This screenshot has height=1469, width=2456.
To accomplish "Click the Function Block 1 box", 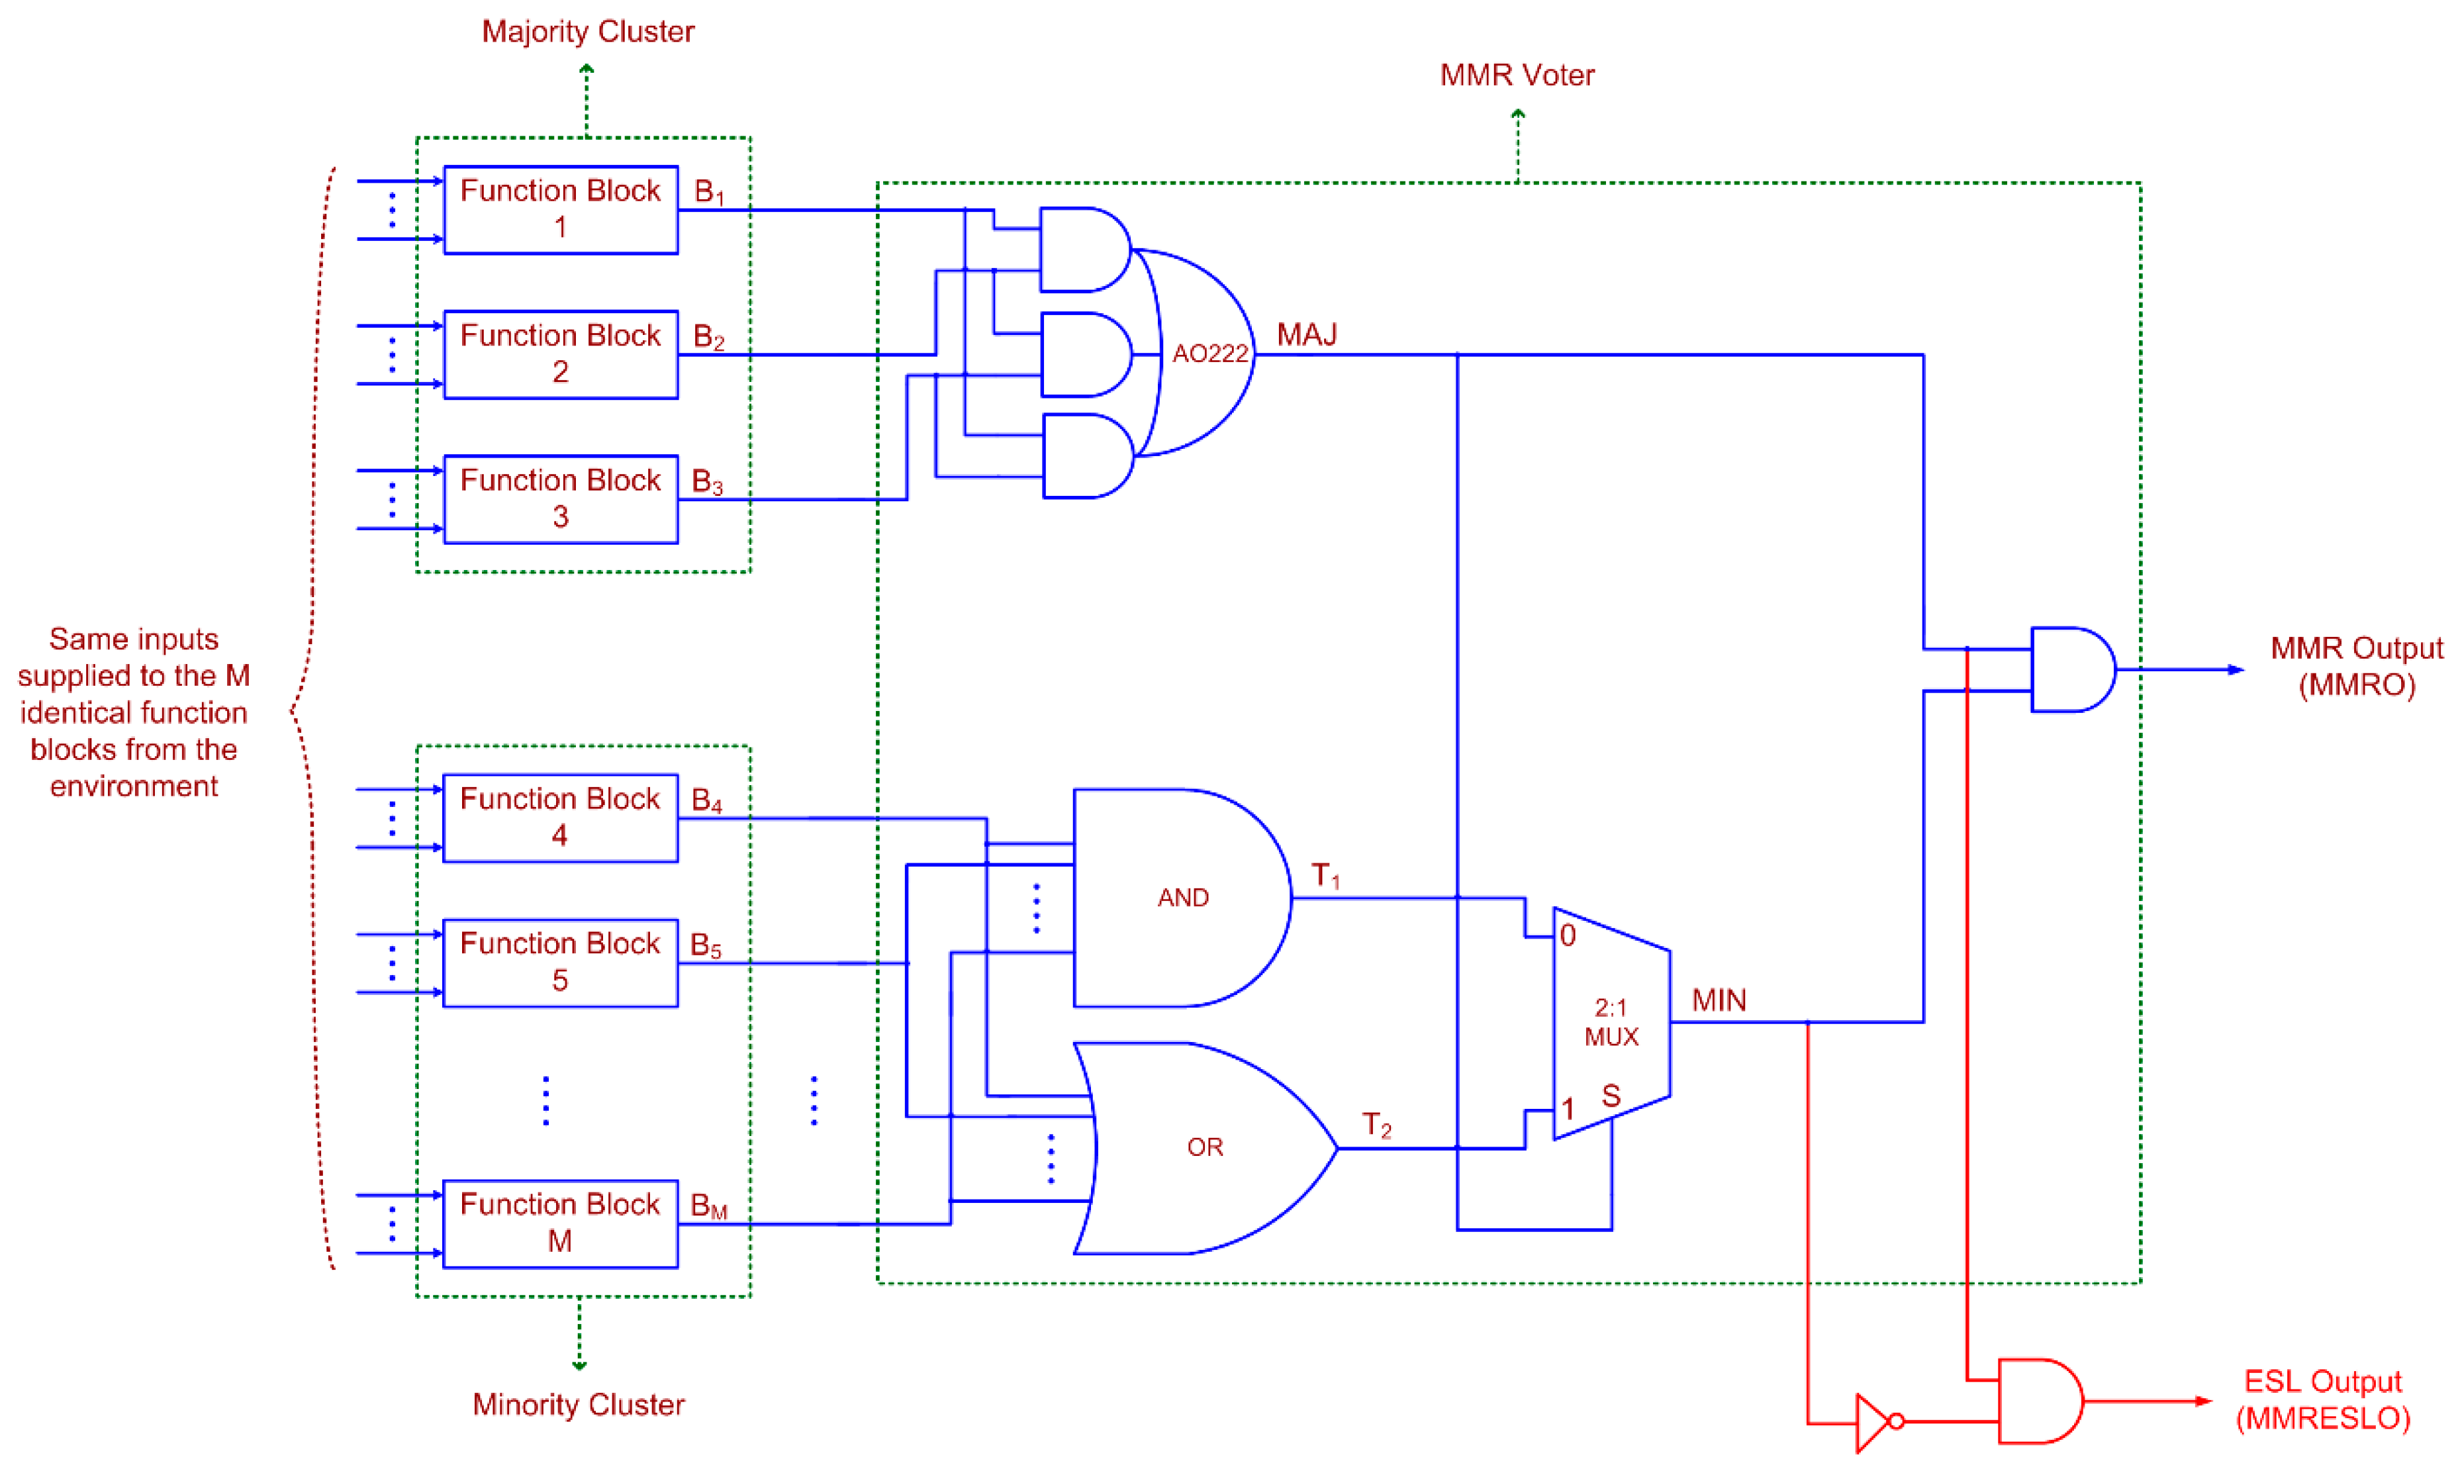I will (x=560, y=210).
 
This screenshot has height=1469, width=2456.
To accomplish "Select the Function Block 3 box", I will (x=560, y=499).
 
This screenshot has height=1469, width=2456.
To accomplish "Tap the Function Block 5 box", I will (x=560, y=962).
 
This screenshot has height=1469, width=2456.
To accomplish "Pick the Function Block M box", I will (x=560, y=1223).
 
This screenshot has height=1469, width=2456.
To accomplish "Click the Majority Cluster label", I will (x=588, y=32).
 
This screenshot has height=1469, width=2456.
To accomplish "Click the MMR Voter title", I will (x=1517, y=75).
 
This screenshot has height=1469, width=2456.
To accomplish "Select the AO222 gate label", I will (x=1209, y=354).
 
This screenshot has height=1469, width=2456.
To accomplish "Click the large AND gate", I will (x=1178, y=898).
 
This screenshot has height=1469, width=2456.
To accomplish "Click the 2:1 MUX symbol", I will (x=1611, y=1023).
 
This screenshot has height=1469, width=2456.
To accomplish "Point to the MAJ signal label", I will (x=1307, y=334).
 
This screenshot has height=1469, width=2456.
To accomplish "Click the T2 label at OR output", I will (x=1376, y=1125).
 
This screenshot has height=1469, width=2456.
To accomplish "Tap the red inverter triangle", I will (x=1873, y=1423).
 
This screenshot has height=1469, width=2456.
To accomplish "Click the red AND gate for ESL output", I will (x=2037, y=1401).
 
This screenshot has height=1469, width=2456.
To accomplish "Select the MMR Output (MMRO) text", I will (x=2356, y=666).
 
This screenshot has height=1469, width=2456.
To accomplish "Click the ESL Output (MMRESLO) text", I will (x=2322, y=1399).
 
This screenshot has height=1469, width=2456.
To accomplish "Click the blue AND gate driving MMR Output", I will (x=2071, y=669).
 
